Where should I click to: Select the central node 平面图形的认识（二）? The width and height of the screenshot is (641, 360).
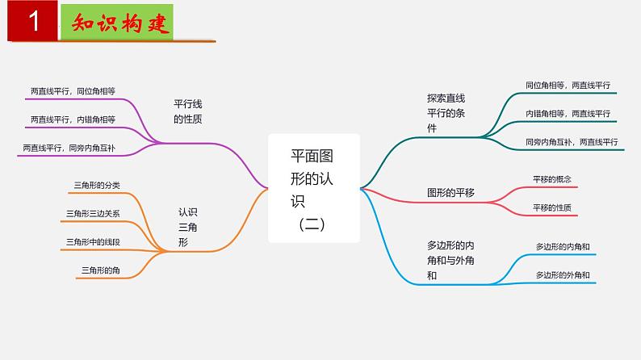[313, 188]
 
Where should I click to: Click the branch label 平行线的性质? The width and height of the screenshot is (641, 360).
[188, 111]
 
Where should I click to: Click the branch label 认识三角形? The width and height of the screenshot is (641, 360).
[187, 227]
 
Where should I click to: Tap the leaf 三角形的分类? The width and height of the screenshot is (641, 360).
[96, 186]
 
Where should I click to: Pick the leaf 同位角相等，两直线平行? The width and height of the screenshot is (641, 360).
[567, 85]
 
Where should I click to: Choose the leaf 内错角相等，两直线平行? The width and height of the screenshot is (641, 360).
[568, 113]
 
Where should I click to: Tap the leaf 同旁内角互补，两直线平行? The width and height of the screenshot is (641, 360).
[570, 142]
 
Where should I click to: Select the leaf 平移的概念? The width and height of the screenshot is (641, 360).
[552, 178]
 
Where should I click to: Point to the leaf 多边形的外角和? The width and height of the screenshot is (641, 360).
[563, 275]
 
